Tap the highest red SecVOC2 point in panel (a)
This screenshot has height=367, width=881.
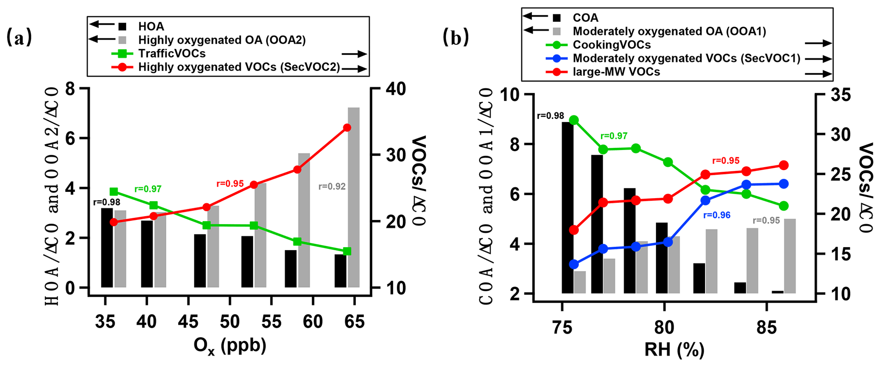coord(347,127)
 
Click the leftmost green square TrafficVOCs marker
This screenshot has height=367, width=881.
coord(114,192)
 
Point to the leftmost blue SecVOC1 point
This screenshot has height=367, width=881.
coord(574,264)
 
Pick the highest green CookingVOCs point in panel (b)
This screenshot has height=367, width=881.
coord(574,120)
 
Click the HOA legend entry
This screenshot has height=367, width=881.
coord(151,26)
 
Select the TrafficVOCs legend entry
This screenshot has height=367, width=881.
coord(172,54)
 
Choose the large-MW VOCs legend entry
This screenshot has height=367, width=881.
coord(616,72)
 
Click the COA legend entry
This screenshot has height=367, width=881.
coord(585,18)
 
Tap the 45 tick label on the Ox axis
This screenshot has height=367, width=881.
coord(188,322)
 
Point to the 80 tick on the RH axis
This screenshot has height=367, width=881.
coord(664,327)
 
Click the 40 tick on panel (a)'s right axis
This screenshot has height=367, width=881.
coord(395,89)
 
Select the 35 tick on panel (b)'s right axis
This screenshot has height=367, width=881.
coord(841,95)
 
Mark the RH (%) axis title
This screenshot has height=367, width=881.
coord(674,350)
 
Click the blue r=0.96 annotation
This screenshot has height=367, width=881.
coord(717,216)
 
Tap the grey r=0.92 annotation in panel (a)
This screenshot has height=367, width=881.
coord(332,186)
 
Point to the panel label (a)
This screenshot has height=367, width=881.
coord(19,38)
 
